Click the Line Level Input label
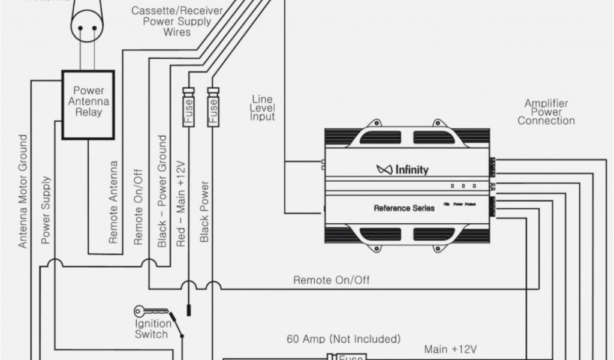click(x=262, y=107)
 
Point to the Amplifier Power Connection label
click(x=546, y=112)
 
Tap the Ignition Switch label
click(x=152, y=329)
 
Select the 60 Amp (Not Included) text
click(x=344, y=339)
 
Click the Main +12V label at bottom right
click(x=450, y=349)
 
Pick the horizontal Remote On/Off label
click(x=331, y=280)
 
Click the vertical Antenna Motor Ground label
click(x=23, y=191)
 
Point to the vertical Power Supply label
click(x=46, y=209)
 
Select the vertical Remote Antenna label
click(x=113, y=202)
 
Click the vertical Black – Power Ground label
click(x=162, y=191)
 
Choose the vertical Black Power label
click(x=204, y=211)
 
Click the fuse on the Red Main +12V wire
click(x=188, y=107)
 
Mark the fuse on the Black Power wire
click(x=212, y=107)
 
